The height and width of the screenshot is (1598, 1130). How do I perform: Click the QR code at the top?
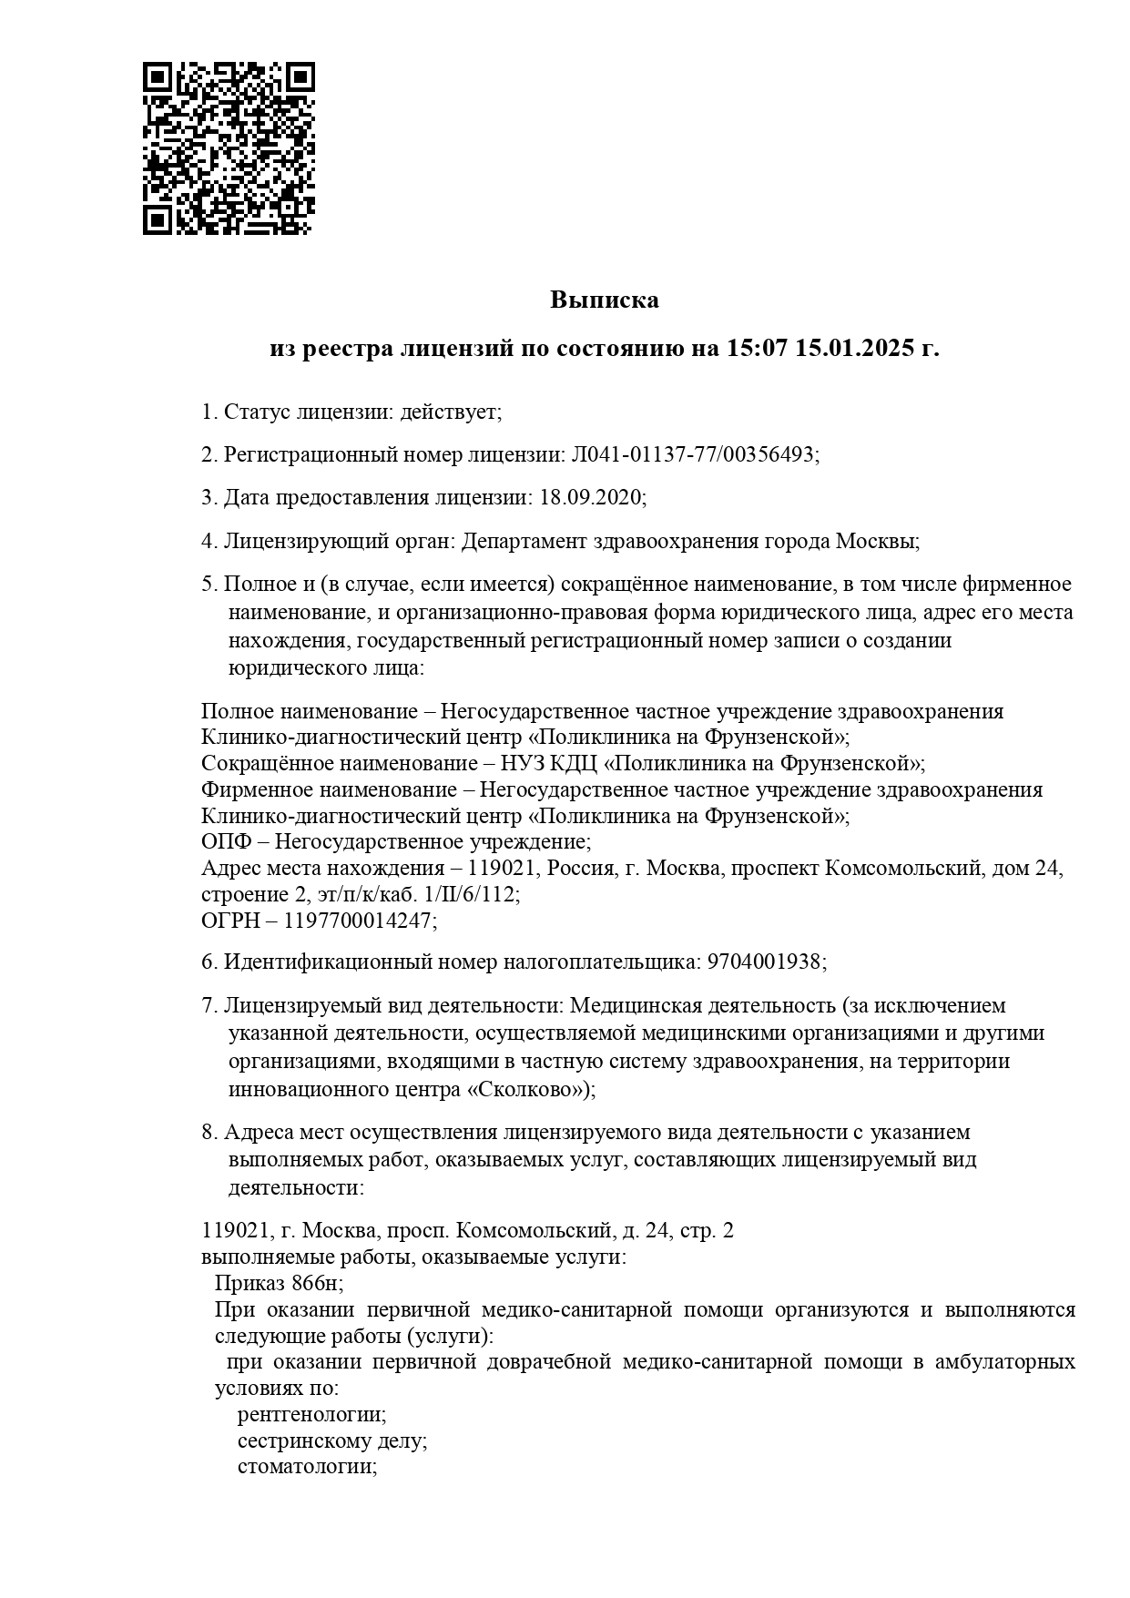pos(229,148)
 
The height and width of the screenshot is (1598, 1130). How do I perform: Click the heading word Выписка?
pos(604,300)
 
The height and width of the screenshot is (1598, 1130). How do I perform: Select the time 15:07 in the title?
pos(756,349)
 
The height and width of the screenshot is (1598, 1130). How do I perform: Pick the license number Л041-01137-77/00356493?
pos(693,454)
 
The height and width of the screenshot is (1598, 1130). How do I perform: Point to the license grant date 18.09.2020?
pos(591,497)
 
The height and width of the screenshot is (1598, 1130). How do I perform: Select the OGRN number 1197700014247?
pos(359,921)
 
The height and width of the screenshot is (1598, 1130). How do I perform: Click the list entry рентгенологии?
pos(311,1415)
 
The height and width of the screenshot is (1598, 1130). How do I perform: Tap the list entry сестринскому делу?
pos(332,1441)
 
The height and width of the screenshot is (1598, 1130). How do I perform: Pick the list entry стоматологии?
pos(307,1467)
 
